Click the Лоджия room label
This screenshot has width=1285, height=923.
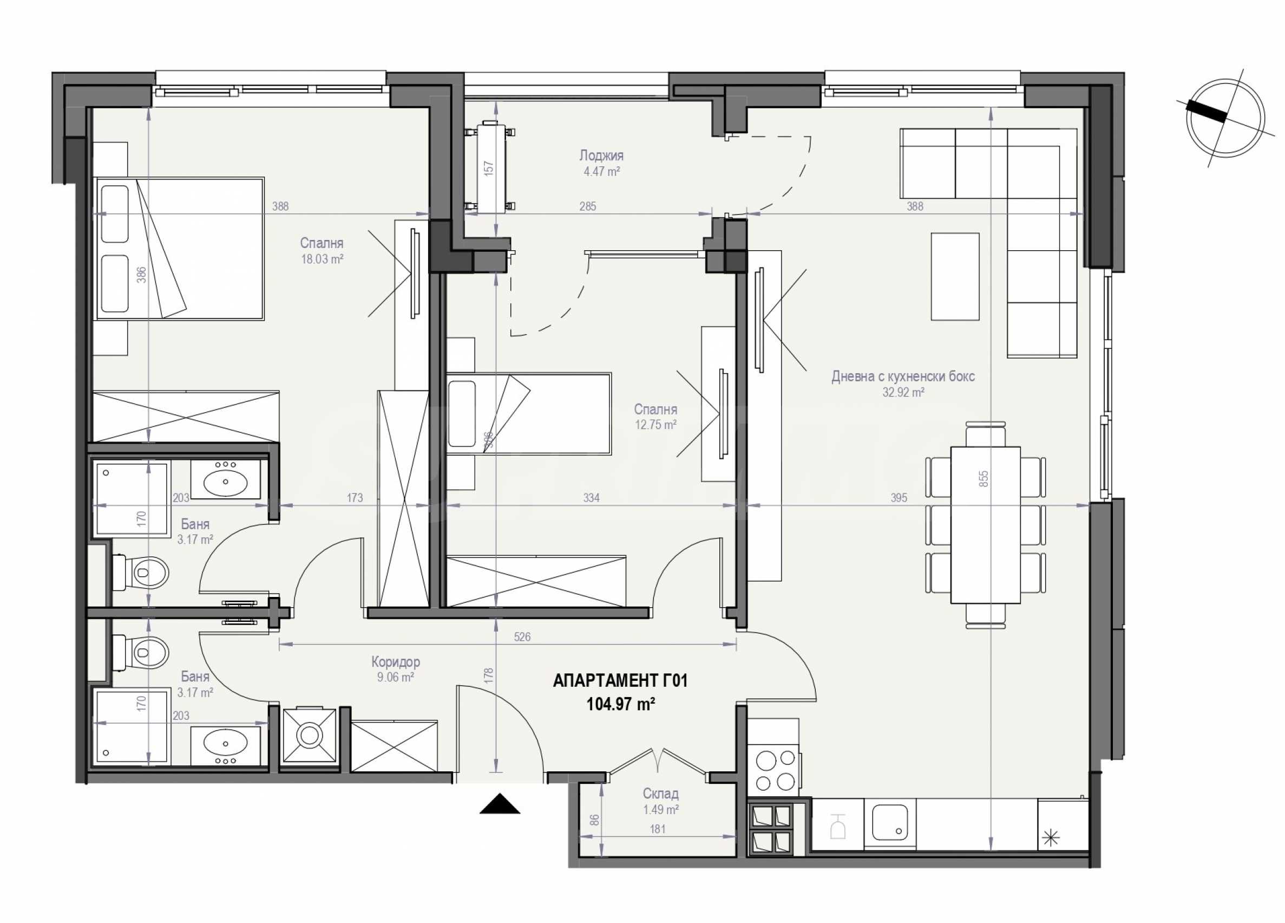pos(601,155)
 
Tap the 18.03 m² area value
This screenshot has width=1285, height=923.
pos(322,259)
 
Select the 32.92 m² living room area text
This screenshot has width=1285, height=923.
pos(903,392)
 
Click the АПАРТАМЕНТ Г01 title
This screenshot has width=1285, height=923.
pos(620,680)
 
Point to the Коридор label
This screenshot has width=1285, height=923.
pos(396,661)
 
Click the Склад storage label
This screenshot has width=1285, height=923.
pos(660,794)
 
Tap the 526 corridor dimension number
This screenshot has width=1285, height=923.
pos(522,636)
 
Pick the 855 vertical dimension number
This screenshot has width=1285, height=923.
pos(984,478)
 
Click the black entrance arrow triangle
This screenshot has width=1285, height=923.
pos(500,804)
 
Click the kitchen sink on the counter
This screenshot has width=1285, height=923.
pos(890,822)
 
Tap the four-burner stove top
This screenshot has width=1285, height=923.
pos(775,771)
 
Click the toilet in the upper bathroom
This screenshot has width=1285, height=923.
pos(141,572)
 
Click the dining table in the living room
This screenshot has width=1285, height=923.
pos(985,525)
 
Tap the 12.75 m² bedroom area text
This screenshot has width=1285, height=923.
pos(655,425)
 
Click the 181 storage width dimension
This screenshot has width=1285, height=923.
pos(657,829)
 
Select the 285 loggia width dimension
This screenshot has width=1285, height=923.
pos(587,206)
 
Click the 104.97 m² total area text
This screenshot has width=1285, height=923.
pos(620,705)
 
